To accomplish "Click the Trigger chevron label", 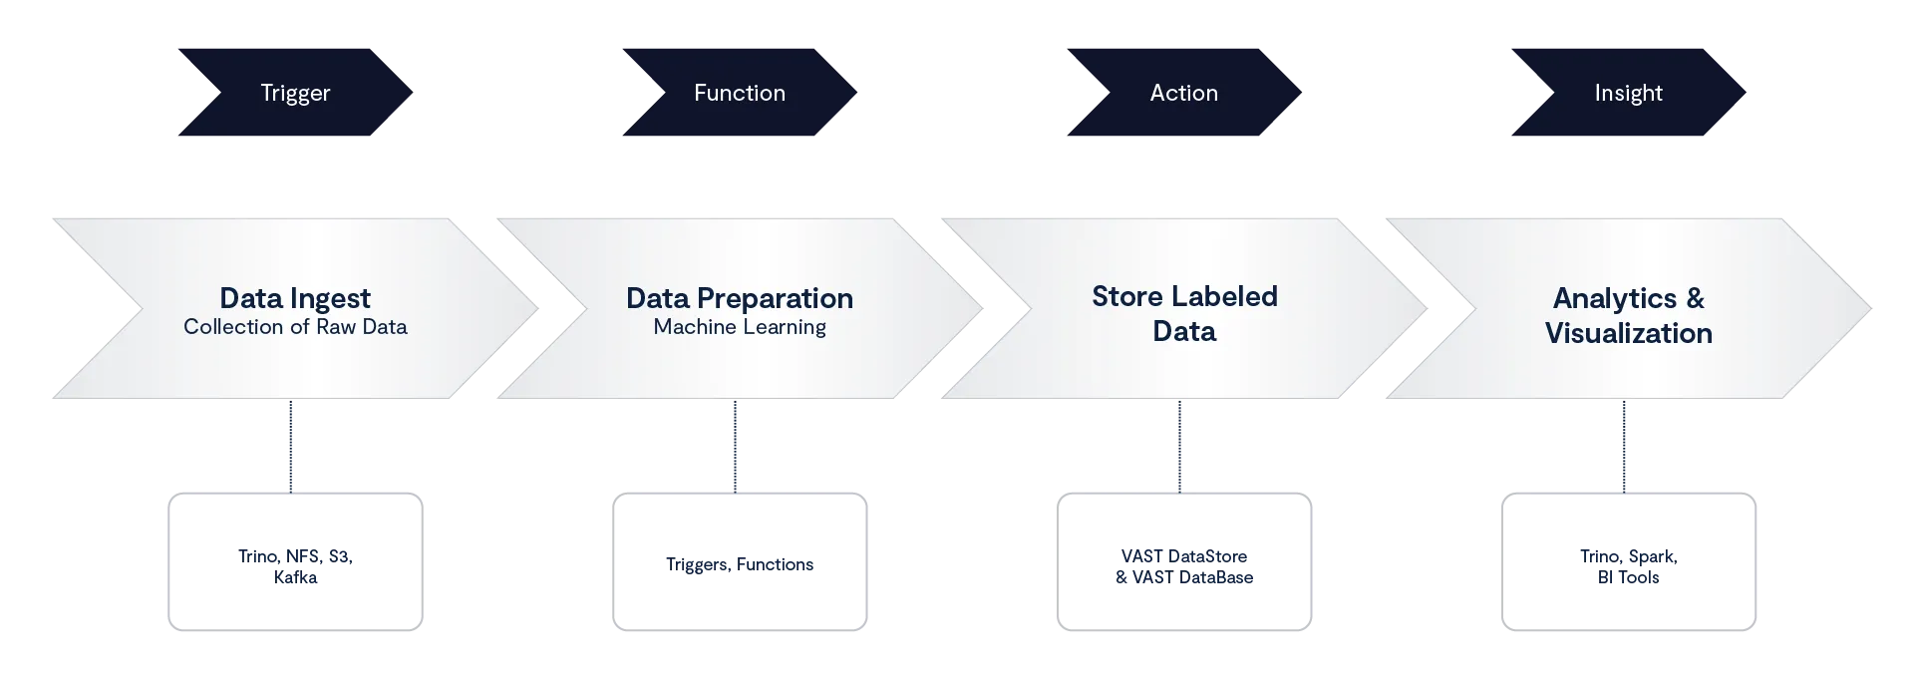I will [x=295, y=93].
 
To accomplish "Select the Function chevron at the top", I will [x=740, y=93].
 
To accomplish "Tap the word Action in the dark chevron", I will [x=1183, y=93].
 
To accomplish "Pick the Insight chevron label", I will [x=1628, y=93].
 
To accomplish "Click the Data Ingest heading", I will [x=295, y=298].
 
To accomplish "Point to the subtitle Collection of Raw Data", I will [x=295, y=327].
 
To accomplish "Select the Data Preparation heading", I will [x=740, y=298].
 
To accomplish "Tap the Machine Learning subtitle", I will [x=740, y=327].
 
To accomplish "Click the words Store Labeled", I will [x=1184, y=296].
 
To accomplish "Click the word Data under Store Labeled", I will [x=1184, y=331].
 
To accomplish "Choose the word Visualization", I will [x=1628, y=333].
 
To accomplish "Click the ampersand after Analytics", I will [x=1695, y=298].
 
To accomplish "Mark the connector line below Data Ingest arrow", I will [x=291, y=445].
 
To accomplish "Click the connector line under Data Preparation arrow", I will [x=737, y=445].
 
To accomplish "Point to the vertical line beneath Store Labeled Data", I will [x=1180, y=445].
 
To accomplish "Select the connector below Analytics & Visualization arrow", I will [x=1623, y=445].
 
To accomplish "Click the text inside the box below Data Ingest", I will [x=295, y=566].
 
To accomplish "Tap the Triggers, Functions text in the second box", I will [x=738, y=564].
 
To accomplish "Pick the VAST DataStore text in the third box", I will [x=1184, y=555].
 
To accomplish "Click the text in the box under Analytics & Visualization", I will [x=1629, y=566].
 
